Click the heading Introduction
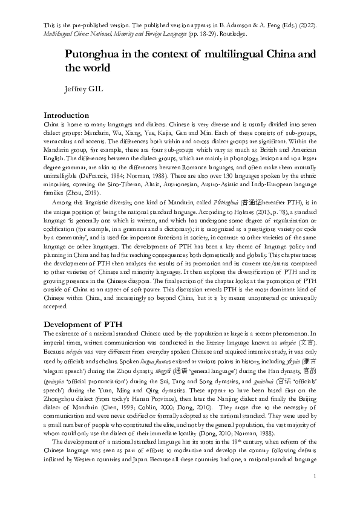[x=67, y=115]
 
